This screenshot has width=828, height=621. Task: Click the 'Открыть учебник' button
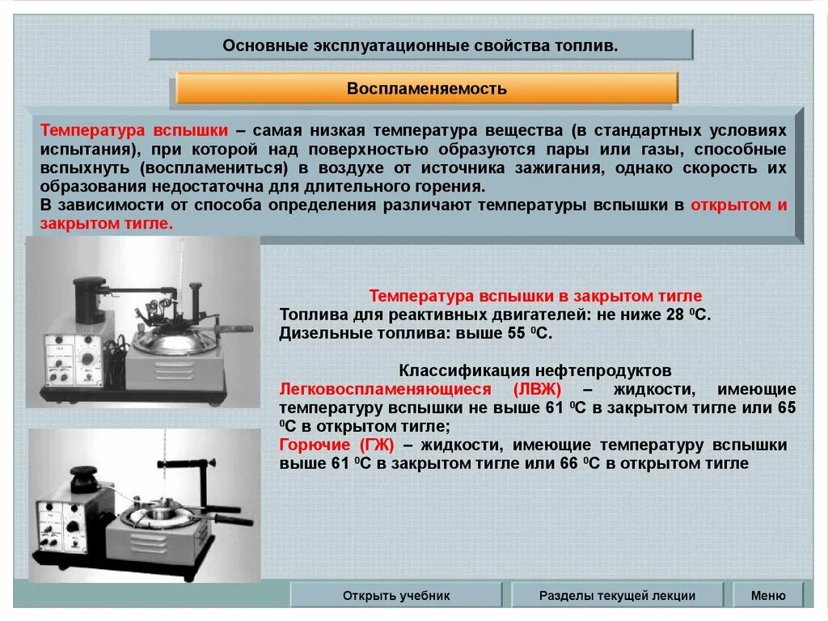pos(395,595)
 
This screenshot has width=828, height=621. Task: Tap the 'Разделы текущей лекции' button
pos(617,595)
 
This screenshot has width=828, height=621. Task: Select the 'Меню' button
pos(767,595)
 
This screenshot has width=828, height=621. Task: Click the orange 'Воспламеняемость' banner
pos(426,88)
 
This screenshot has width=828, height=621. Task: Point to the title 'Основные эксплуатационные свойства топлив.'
pos(420,45)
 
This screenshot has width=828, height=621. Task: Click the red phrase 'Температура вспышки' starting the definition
pos(134,131)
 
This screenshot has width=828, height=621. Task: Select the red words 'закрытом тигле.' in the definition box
pos(107,223)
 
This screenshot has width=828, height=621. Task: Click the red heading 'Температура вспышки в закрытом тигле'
pos(535,296)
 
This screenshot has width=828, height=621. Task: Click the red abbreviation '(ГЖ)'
pos(373,446)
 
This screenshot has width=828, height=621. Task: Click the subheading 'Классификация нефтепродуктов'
pos(534,371)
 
